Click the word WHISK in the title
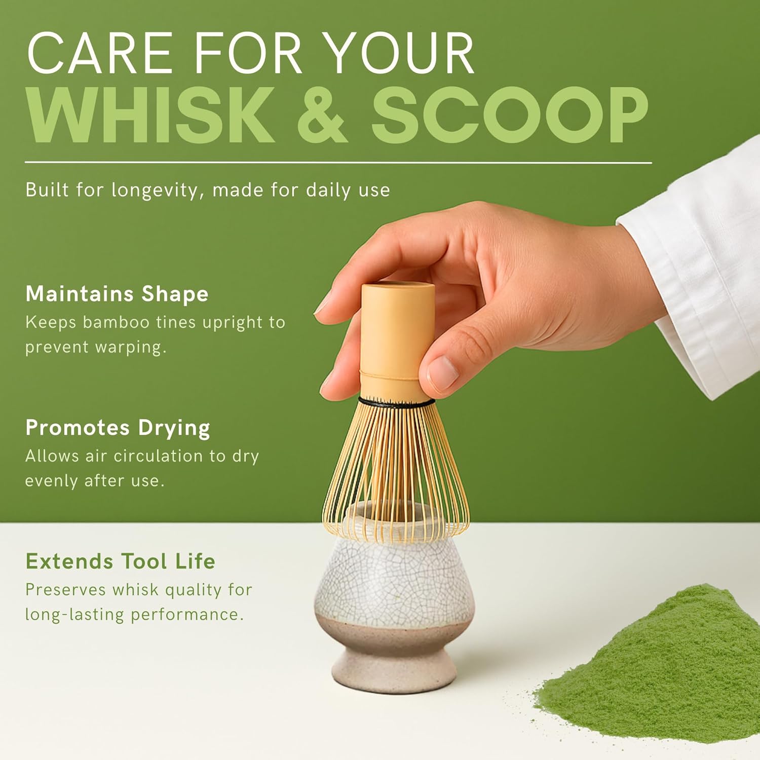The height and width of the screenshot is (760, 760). click(151, 116)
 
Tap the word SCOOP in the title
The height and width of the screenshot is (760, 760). click(510, 116)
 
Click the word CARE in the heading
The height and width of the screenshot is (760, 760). click(99, 53)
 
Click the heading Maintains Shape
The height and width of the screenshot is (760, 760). click(117, 294)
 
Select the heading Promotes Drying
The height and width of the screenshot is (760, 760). click(118, 428)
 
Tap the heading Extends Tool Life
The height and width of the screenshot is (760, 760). click(121, 561)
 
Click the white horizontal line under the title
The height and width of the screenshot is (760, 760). click(338, 163)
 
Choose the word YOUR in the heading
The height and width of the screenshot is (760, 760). click(399, 53)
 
